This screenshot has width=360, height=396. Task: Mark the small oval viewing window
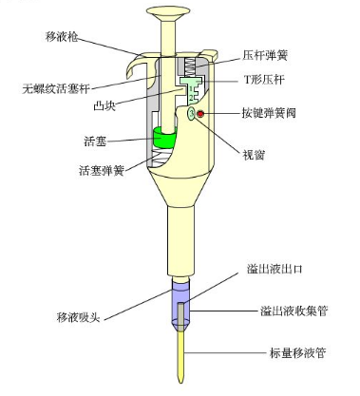[x=192, y=114]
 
